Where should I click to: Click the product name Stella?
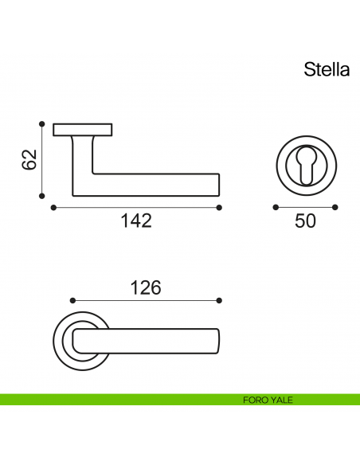click(326, 69)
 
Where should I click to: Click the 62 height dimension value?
click(29, 159)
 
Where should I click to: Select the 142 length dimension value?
click(135, 221)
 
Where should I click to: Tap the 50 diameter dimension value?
click(305, 221)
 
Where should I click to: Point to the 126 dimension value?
click(146, 287)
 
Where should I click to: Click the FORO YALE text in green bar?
click(268, 400)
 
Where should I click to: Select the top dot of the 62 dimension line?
click(41, 123)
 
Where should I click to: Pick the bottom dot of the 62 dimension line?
click(41, 195)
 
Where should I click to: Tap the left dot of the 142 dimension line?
click(53, 207)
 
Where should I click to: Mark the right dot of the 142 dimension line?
click(219, 207)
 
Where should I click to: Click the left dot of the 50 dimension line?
click(275, 207)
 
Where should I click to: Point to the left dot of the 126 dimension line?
click(72, 301)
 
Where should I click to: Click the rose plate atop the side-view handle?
click(83, 129)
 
